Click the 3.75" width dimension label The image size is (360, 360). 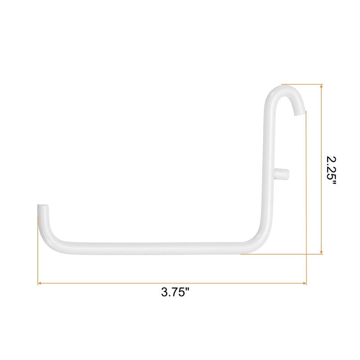coord(175,292)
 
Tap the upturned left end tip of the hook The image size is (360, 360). coord(42,208)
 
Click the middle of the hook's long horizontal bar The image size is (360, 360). coord(153,246)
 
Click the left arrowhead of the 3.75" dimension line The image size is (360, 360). coord(40,283)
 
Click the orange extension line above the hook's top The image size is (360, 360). coord(301,84)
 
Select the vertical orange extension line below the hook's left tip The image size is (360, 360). coord(37,247)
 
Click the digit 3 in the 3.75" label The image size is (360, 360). coord(165,292)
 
